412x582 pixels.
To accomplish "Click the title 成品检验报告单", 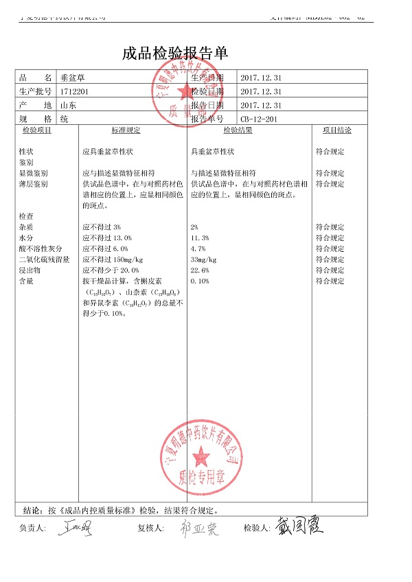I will click(x=174, y=54).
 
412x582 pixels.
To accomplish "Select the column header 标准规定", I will click(x=126, y=130).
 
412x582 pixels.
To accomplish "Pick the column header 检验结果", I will click(x=238, y=130).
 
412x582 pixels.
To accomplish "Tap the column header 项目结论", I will click(x=337, y=130).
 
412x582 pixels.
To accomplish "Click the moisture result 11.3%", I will click(x=200, y=238).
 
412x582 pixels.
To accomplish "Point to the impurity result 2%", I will click(x=194, y=227).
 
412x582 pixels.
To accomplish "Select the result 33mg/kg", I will click(x=203, y=260).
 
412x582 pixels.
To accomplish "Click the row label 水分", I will click(x=27, y=238).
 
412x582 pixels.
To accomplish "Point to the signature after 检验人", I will click(x=299, y=526).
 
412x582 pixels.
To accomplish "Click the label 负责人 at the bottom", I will click(x=33, y=528).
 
